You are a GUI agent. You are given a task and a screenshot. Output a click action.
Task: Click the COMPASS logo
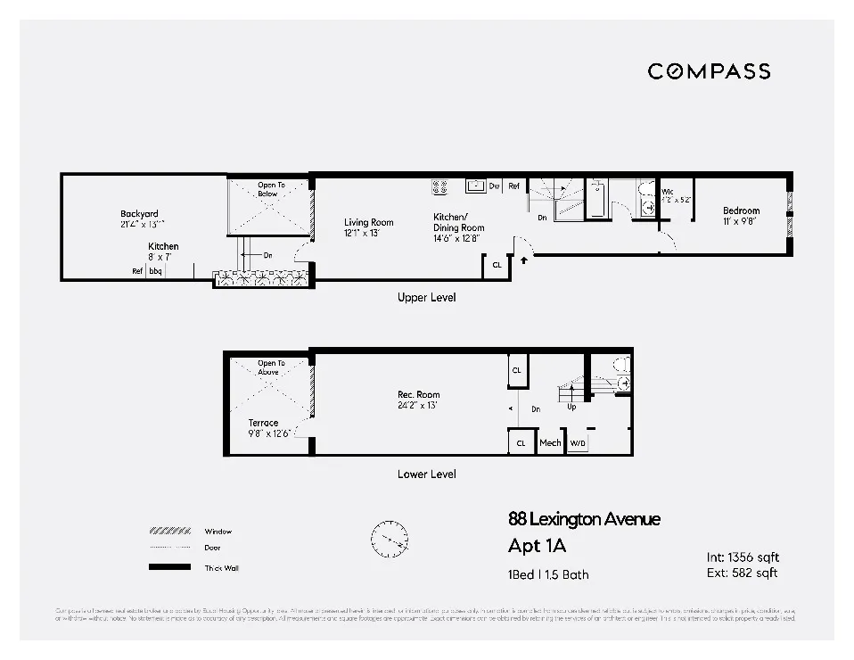pos(709,71)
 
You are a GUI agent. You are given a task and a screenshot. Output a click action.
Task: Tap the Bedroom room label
pos(741,211)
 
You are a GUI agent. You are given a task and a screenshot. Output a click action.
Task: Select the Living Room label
pos(369,222)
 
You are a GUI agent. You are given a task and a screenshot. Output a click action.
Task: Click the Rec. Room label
pos(418,394)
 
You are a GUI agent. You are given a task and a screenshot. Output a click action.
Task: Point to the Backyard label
pos(140,214)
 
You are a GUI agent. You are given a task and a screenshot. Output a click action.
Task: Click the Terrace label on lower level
pos(263,423)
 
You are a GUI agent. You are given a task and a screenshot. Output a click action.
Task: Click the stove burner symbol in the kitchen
pos(439,186)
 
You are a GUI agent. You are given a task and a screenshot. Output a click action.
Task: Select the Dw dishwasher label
pos(494,186)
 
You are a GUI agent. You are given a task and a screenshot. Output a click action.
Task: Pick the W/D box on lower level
pos(578,443)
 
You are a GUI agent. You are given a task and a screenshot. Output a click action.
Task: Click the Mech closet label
pos(550,443)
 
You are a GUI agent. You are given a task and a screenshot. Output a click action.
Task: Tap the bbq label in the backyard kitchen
pos(155,271)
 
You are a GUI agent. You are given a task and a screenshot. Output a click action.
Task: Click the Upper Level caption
pos(426,298)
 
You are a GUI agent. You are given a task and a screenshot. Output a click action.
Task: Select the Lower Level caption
pos(426,474)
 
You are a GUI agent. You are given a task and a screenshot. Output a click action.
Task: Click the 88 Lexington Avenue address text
pos(584,519)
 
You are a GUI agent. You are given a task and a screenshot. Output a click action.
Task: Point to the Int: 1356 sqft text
pos(743,557)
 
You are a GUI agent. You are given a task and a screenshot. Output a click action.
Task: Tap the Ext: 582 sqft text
pos(743,573)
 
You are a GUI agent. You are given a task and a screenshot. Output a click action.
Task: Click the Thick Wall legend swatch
pos(169,567)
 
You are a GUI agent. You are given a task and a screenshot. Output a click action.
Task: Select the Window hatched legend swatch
pos(169,532)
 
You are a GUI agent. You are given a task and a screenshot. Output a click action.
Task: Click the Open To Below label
pos(267,189)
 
